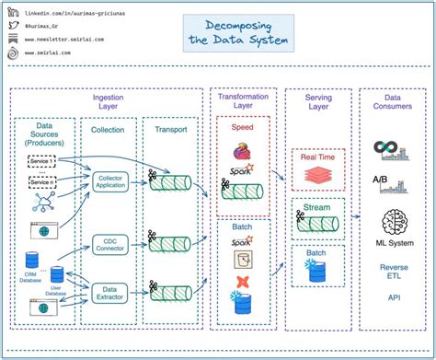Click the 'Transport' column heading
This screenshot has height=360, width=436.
click(169, 130)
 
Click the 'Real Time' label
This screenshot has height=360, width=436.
click(318, 157)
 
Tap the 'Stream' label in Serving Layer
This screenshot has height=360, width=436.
click(317, 207)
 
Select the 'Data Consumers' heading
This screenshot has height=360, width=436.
click(392, 101)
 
